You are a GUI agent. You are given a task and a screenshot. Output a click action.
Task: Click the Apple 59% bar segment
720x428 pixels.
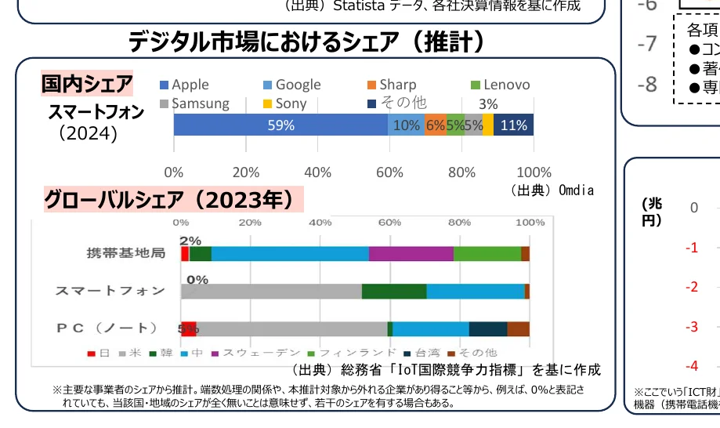coord(280,125)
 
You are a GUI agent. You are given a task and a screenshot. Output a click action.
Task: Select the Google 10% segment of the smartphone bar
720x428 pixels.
coord(406,125)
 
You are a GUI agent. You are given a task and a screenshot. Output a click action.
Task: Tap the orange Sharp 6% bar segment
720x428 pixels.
coord(435,125)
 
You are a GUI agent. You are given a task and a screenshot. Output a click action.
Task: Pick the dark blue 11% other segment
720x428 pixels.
coord(514,125)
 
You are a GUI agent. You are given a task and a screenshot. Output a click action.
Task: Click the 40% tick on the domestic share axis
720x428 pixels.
coord(317,172)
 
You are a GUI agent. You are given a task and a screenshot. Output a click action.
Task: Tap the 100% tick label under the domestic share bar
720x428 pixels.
coord(534,172)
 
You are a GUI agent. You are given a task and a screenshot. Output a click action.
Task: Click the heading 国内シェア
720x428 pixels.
coord(87,84)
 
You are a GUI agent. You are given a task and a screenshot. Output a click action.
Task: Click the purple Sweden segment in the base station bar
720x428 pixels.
coord(411,253)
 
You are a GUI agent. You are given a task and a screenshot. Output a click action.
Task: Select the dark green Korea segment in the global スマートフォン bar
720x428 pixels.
coord(394,291)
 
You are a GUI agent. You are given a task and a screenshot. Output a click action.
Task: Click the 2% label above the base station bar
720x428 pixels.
coord(190,241)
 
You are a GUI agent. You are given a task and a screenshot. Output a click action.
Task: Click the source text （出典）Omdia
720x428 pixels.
coord(552,190)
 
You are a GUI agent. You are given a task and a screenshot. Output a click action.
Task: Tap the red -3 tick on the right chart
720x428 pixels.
coord(691,326)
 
